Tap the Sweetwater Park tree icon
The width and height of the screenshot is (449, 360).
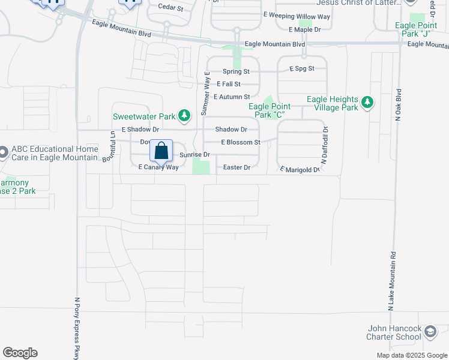186,115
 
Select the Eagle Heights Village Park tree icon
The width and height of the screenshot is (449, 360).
367,103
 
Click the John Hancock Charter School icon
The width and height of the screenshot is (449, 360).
430,332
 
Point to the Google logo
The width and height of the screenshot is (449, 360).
20,353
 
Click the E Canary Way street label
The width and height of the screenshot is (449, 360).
158,167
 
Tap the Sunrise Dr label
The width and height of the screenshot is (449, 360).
194,155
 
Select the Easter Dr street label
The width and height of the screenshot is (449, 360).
236,168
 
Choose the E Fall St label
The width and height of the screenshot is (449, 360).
229,85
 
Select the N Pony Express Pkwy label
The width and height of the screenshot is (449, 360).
77,329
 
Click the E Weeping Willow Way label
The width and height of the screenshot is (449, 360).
297,19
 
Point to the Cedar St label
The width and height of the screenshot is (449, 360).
170,7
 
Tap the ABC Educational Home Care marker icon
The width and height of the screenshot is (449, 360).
2,153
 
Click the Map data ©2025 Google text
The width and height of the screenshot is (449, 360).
412,355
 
